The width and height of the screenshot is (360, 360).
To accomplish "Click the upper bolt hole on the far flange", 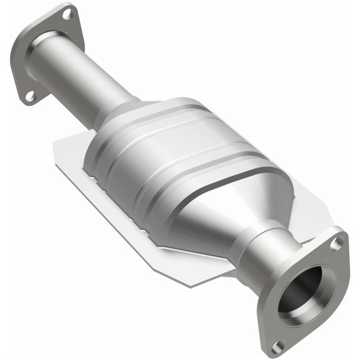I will pyautogui.click(x=67, y=14).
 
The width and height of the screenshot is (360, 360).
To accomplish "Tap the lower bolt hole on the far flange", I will pyautogui.click(x=30, y=96).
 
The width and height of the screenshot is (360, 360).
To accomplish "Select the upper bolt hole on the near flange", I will pyautogui.click(x=335, y=243).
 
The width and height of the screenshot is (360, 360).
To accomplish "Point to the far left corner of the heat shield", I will pyautogui.click(x=54, y=143).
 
